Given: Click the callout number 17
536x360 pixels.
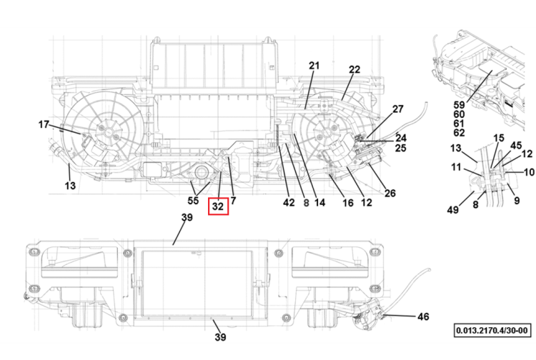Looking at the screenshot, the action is click(44, 125).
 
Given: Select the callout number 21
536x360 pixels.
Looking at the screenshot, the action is click(314, 66).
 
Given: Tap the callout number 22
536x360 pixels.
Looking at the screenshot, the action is click(354, 70).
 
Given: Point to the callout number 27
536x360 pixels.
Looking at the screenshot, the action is click(398, 109).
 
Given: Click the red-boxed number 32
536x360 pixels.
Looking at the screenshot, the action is click(218, 206).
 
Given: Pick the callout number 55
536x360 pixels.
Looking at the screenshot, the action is click(193, 201).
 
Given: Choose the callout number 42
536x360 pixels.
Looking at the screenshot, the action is click(289, 203).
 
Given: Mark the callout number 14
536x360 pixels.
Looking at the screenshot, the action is click(319, 203).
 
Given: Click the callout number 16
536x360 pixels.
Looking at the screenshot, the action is click(348, 203).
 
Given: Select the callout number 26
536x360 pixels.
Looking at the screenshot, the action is click(390, 194).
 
